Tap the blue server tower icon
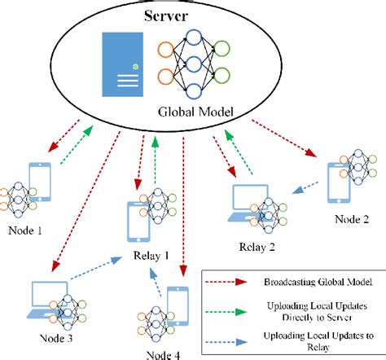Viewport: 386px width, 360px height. (x=124, y=65)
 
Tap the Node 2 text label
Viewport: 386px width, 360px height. (x=353, y=220)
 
